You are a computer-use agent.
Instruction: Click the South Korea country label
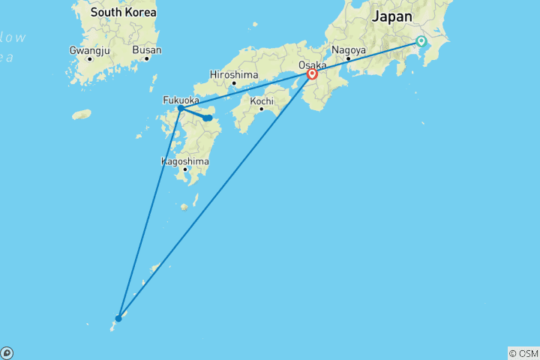point(123,13)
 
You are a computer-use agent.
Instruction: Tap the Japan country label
point(391,16)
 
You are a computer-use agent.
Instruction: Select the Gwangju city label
point(89,49)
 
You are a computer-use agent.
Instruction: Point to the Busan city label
point(146,49)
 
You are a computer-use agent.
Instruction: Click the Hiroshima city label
point(234,74)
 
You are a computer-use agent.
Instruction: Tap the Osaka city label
point(312,65)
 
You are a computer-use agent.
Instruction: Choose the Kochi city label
point(261,100)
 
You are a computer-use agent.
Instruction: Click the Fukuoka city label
point(181,99)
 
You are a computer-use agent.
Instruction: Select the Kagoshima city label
point(184,160)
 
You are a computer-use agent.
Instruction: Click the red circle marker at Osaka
point(312,74)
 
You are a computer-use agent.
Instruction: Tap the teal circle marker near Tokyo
point(421,42)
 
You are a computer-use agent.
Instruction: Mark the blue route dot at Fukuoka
point(181,108)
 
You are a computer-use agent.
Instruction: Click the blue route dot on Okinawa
point(118,318)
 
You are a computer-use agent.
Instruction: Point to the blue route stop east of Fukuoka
point(208,118)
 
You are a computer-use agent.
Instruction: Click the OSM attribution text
point(523,353)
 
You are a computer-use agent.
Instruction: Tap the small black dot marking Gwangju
point(89,58)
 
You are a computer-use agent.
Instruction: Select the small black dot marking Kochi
point(261,109)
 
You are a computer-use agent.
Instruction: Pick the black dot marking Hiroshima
point(234,83)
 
